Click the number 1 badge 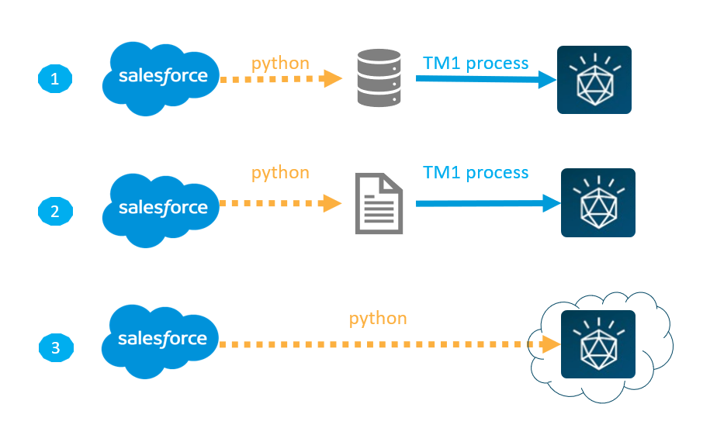pyautogui.click(x=54, y=78)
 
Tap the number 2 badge pyautogui.click(x=54, y=210)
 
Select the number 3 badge pyautogui.click(x=54, y=348)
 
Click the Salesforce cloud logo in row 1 pyautogui.click(x=162, y=77)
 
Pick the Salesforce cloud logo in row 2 pyautogui.click(x=162, y=209)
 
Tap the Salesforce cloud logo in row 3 pyautogui.click(x=162, y=340)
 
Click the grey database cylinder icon pyautogui.click(x=379, y=78)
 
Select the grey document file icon pyautogui.click(x=379, y=203)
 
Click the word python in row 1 pyautogui.click(x=280, y=63)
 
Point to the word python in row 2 pyautogui.click(x=280, y=172)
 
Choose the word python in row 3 pyautogui.click(x=378, y=318)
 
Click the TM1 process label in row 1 pyautogui.click(x=476, y=63)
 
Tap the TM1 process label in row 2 pyautogui.click(x=476, y=172)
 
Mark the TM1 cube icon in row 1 pyautogui.click(x=594, y=80)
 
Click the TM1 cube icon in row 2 pyautogui.click(x=598, y=202)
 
